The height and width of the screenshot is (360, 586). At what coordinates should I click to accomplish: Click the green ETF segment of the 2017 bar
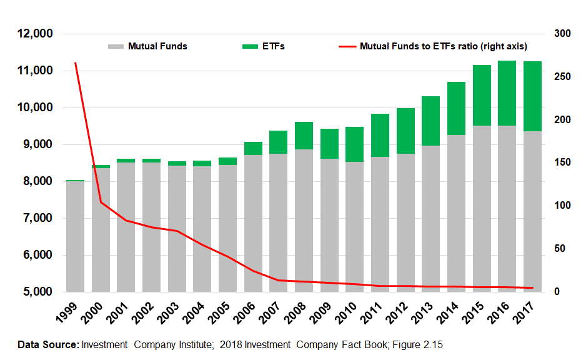click(532, 96)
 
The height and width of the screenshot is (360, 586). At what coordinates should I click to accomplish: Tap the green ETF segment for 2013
click(430, 121)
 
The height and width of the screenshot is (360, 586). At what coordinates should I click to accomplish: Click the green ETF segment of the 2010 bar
click(354, 144)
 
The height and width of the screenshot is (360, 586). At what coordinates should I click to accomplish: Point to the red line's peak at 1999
click(76, 63)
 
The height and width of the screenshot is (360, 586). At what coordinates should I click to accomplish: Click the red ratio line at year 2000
click(101, 202)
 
